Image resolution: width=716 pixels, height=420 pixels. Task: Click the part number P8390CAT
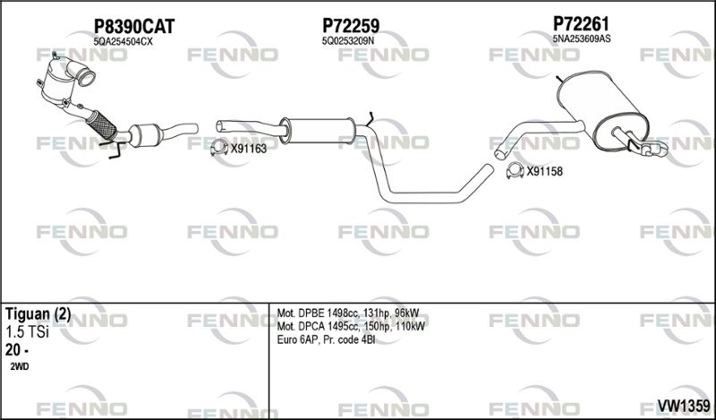[x=134, y=27]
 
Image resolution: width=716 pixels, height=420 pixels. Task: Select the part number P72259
[x=351, y=26]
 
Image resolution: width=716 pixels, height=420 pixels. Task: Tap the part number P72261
[x=581, y=23]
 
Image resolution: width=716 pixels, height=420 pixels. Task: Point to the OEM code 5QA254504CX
[x=123, y=41]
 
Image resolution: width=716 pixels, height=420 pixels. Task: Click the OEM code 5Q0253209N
[x=348, y=40]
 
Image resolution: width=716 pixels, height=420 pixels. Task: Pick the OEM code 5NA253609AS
[x=581, y=39]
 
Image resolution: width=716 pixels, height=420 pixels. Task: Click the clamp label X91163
[x=249, y=149]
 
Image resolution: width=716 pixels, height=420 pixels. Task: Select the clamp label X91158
[x=545, y=172]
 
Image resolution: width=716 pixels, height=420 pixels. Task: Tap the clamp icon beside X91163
[x=219, y=148]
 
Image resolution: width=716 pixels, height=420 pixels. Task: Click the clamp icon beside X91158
[x=516, y=170]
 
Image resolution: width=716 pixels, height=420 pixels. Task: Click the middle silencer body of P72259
[x=318, y=130]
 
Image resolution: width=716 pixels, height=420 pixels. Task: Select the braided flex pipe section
[x=101, y=124]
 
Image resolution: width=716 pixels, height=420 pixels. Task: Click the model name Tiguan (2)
[x=38, y=315]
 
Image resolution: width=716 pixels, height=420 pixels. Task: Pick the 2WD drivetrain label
[x=19, y=366]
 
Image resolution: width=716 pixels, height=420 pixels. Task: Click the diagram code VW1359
[x=684, y=405]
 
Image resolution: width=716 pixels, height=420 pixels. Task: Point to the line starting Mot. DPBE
[x=348, y=313]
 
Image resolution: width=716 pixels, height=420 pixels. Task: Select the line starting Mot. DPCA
[x=351, y=327]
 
